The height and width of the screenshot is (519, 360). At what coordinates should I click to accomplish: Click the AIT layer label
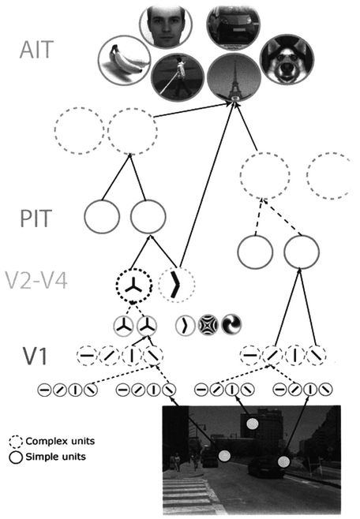coord(36,50)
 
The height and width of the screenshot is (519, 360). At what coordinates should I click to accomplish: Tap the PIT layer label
coord(36,218)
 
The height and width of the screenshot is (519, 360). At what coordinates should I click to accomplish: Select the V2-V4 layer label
coord(36,281)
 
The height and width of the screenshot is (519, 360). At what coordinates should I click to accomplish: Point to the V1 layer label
coord(36,356)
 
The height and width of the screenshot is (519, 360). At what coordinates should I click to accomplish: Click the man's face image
coord(166,26)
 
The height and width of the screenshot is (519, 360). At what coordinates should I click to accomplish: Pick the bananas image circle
coord(125,61)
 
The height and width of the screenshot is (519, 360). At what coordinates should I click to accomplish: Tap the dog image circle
coord(287,60)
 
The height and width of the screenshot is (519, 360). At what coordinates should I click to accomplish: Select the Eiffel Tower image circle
coord(234,77)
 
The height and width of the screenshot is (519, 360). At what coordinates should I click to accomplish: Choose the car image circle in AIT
coord(233,26)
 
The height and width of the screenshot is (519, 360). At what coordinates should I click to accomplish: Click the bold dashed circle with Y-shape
coord(133,286)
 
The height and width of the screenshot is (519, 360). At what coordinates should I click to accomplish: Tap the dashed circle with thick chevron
coord(177,284)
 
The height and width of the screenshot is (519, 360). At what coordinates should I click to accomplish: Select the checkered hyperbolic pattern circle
coord(208,325)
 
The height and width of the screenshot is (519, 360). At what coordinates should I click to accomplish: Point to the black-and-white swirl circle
coord(231,324)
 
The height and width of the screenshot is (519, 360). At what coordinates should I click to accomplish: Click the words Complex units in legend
coord(60,441)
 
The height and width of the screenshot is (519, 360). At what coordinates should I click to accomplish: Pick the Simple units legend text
coord(55,457)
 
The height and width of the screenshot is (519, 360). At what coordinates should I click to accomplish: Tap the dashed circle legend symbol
coord(16,442)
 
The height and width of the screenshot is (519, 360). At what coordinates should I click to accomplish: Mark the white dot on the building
coord(253,424)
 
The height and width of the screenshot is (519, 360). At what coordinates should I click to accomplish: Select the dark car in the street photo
coord(267,468)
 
